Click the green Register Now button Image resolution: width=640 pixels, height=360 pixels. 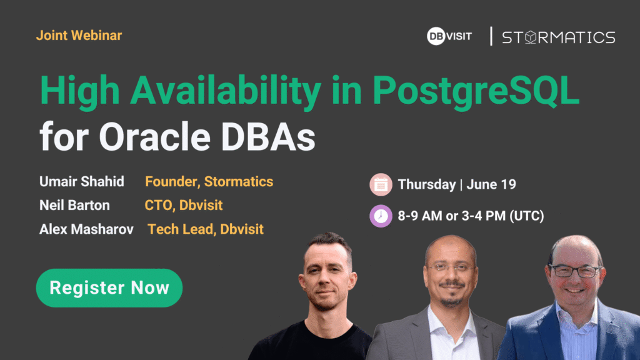[109, 287]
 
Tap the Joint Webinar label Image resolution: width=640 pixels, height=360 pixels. [79, 36]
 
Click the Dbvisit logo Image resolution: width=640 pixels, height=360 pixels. [449, 36]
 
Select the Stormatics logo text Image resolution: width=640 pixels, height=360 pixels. [558, 37]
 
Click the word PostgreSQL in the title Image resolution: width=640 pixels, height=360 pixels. [476, 91]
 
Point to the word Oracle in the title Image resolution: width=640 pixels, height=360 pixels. [155, 137]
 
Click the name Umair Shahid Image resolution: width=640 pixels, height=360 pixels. [82, 182]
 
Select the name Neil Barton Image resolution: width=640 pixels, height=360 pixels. [74, 205]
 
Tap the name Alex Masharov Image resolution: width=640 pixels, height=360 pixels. [86, 229]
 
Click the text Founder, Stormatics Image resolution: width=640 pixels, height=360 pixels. [209, 182]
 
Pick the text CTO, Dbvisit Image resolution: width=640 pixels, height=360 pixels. [184, 205]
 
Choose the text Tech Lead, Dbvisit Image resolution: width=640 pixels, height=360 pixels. [205, 229]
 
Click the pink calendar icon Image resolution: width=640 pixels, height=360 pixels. [381, 184]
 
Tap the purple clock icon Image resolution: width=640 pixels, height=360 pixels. [381, 216]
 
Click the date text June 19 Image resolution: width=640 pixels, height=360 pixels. [491, 184]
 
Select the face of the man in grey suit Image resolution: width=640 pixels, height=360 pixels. [451, 274]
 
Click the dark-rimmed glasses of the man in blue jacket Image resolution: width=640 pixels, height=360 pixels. [576, 271]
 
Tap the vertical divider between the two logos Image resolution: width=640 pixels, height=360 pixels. [491, 36]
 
